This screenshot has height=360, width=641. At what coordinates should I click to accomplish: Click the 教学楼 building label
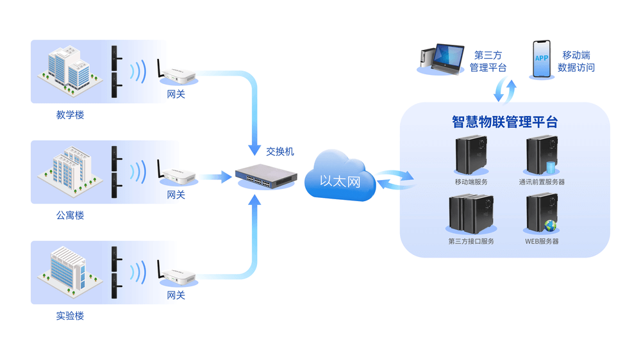70,115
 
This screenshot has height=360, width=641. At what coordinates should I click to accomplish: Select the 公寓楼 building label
70,216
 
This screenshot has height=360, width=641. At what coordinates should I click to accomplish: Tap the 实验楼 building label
70,316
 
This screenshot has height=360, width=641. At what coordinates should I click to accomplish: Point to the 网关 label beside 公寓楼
176,195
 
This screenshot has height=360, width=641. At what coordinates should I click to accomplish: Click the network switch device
265,174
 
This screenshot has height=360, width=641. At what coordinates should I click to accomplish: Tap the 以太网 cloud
340,180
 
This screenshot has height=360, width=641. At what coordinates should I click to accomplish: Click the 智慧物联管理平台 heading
504,122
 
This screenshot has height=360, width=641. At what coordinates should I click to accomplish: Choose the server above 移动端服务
471,155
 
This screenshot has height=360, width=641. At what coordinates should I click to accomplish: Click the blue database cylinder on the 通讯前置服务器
551,168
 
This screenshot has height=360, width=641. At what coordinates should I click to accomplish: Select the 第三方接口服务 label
471,241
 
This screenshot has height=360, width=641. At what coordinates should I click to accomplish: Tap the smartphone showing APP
542,60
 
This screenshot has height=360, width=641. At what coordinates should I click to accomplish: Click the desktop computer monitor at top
449,58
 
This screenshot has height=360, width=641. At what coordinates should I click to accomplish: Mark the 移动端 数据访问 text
576,61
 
